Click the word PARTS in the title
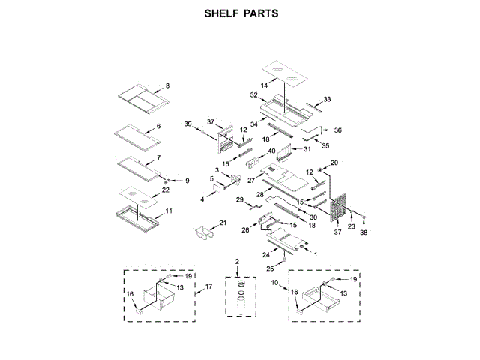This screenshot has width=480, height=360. click(261, 13)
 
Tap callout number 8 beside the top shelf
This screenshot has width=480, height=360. click(167, 85)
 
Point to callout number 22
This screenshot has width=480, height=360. click(166, 190)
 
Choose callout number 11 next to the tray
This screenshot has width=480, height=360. click(169, 211)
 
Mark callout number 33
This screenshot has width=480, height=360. click(327, 99)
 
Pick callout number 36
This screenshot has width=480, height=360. click(337, 130)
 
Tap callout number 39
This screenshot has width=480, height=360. click(188, 123)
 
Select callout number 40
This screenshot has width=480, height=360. click(271, 151)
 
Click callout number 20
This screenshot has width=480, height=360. click(334, 163)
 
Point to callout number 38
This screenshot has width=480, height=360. click(365, 232)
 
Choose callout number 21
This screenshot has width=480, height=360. click(223, 223)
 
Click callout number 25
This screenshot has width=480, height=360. click(270, 268)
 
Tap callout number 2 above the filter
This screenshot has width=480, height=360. click(237, 261)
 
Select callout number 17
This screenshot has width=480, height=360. click(209, 286)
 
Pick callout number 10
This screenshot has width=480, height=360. click(274, 283)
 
